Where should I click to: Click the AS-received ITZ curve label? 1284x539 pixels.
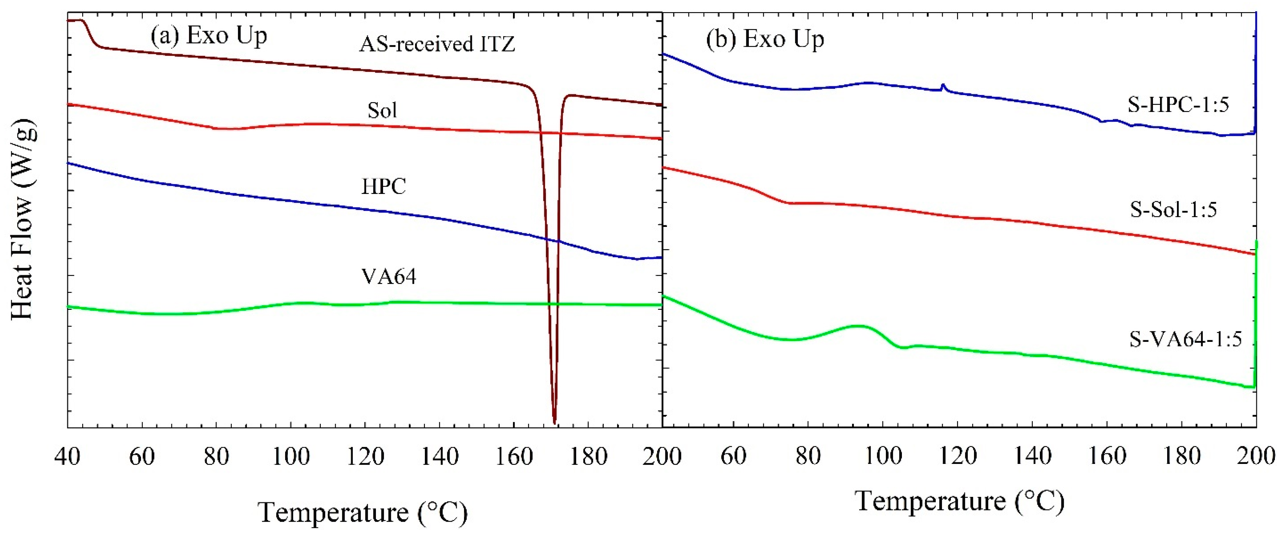(x=437, y=44)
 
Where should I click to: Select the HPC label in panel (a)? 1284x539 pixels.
(x=383, y=186)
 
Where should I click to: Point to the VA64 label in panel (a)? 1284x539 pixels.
(x=388, y=276)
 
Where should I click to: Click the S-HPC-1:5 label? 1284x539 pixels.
(x=1178, y=105)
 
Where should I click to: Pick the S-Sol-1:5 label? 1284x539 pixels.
(x=1173, y=209)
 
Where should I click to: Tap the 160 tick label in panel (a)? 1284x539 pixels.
(x=513, y=456)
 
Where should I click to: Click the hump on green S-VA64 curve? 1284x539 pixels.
(x=857, y=326)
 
